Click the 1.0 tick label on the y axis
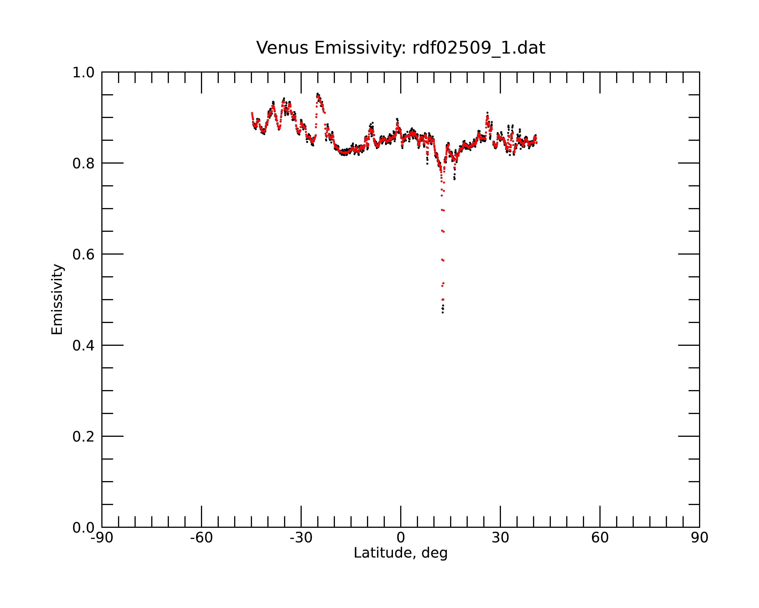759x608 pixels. click(x=83, y=73)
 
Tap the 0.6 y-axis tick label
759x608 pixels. click(x=83, y=254)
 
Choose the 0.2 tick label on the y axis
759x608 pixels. click(x=83, y=437)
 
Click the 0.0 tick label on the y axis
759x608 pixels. click(x=83, y=528)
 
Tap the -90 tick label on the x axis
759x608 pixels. click(x=102, y=538)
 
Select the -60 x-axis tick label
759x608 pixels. click(x=201, y=538)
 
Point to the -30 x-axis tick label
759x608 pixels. click(x=301, y=538)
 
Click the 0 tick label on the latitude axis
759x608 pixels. click(x=401, y=538)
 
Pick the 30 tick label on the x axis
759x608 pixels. click(x=500, y=538)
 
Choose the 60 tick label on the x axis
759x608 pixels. click(x=600, y=538)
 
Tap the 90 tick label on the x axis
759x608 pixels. click(x=699, y=538)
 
